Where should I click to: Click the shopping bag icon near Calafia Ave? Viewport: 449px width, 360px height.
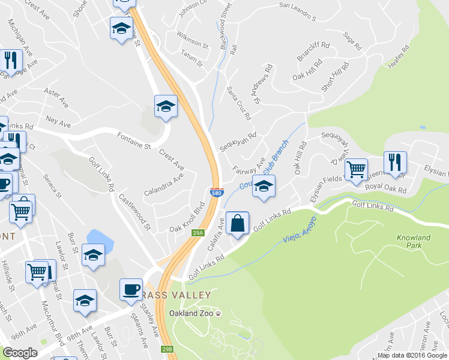coord(238,223)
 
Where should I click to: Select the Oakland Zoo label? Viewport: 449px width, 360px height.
coord(195,313)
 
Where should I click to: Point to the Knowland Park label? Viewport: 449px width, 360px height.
coord(414,242)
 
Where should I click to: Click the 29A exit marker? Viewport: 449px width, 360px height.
coord(199,232)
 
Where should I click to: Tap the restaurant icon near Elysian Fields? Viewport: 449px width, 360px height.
coord(395,162)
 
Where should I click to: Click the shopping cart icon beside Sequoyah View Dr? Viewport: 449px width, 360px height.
coord(356,169)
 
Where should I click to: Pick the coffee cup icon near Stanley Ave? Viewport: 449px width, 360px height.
coord(131,289)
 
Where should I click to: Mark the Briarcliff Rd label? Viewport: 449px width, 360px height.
coord(313,52)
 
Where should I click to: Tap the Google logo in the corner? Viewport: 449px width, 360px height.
coord(20,353)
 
